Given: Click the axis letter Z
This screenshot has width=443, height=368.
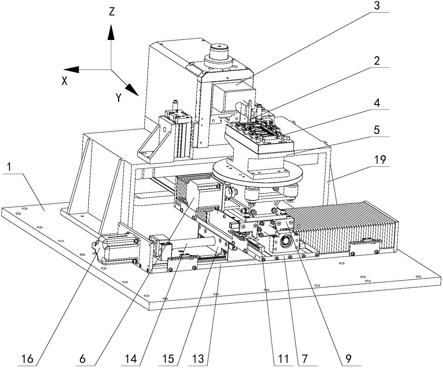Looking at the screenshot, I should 112,12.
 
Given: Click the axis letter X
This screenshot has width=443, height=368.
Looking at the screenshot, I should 65,81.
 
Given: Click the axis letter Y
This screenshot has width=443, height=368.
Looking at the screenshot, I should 119,98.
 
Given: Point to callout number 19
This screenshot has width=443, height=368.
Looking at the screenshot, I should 377,160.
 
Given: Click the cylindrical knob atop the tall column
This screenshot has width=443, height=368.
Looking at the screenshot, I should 219,51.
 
